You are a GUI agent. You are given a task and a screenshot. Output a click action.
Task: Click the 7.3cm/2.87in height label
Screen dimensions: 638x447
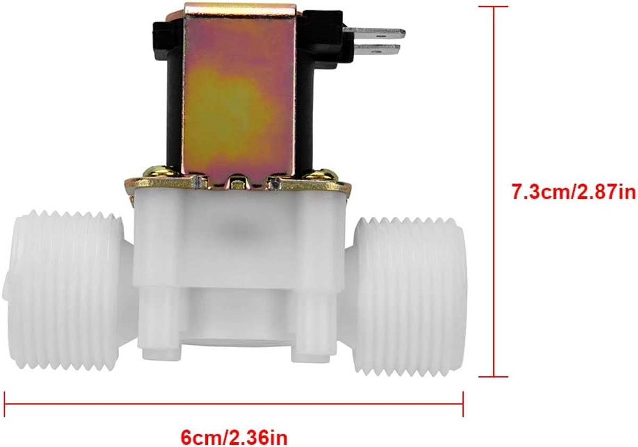[574, 193]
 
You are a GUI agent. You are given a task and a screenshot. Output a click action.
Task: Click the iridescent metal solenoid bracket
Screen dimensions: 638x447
[239, 94]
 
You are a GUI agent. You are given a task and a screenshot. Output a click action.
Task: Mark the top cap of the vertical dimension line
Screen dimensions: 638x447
[494, 6]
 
